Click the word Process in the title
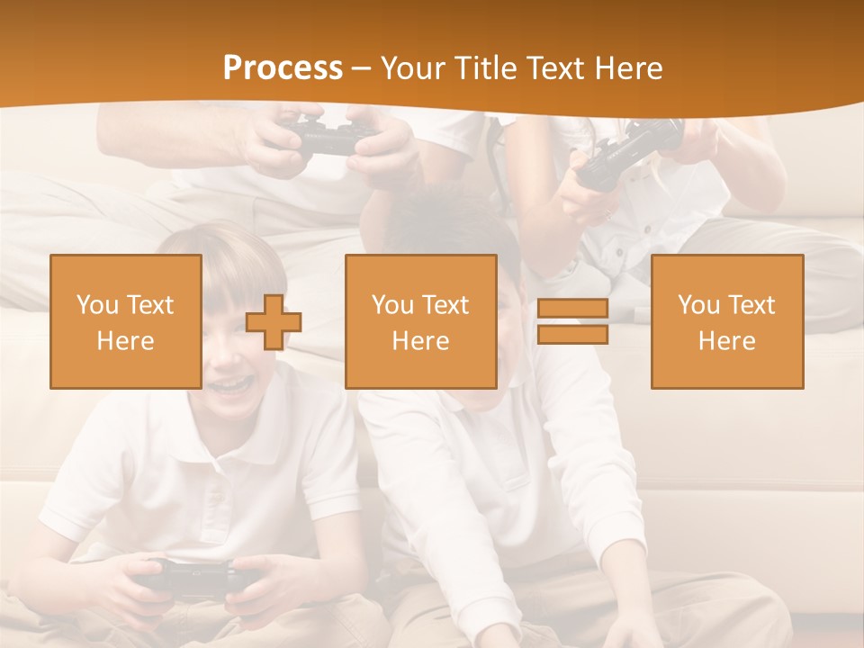pos(283,68)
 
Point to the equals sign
pos(572,322)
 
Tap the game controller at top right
pos(629,148)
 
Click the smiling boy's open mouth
pos(232,384)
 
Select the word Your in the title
pos(412,68)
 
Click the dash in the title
pos(362,68)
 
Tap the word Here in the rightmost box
pos(727,341)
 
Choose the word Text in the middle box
pos(445,305)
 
